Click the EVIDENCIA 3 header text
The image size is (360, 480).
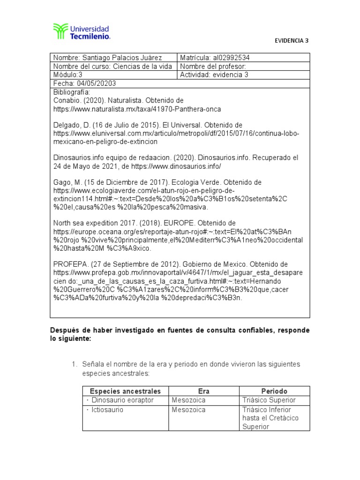point(292,40)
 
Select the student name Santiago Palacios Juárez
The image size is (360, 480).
point(122,58)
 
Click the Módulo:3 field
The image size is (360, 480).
point(68,75)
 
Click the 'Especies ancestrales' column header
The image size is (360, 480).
point(125,391)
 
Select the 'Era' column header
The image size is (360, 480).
point(204,391)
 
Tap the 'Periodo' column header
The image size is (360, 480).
point(274,391)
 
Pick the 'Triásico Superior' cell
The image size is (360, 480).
point(269,400)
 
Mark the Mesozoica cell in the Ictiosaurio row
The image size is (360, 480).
point(188,409)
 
